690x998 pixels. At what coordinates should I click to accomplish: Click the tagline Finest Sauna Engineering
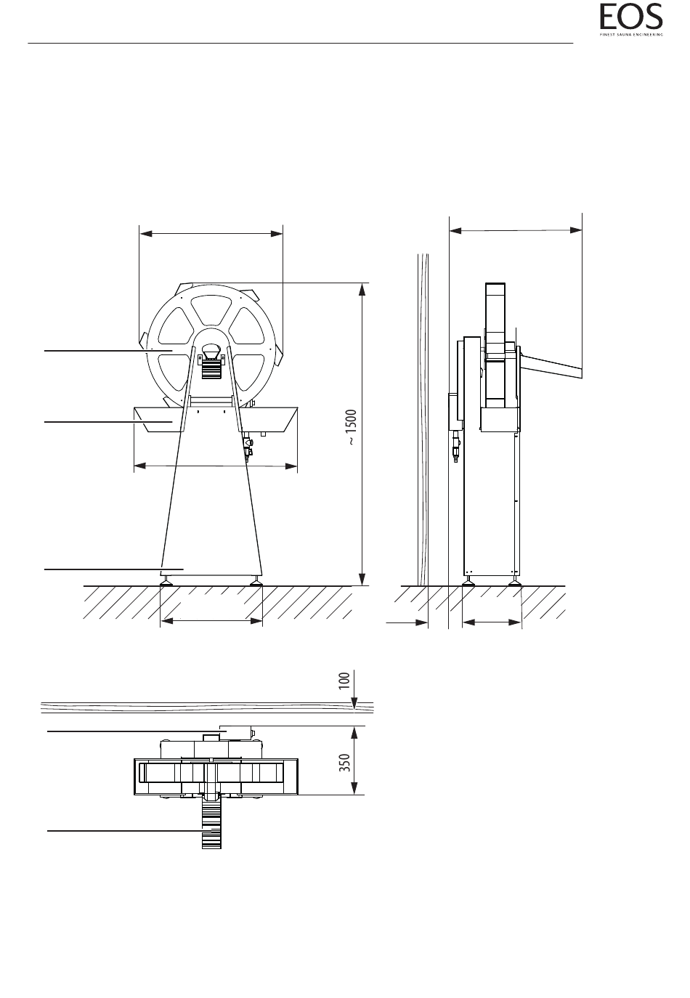(x=630, y=34)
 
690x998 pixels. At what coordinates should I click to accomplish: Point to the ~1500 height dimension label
(x=352, y=427)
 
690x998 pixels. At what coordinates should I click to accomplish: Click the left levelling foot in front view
(x=166, y=580)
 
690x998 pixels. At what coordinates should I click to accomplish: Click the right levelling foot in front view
(x=256, y=580)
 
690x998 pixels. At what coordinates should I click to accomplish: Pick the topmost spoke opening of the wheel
(x=211, y=311)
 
